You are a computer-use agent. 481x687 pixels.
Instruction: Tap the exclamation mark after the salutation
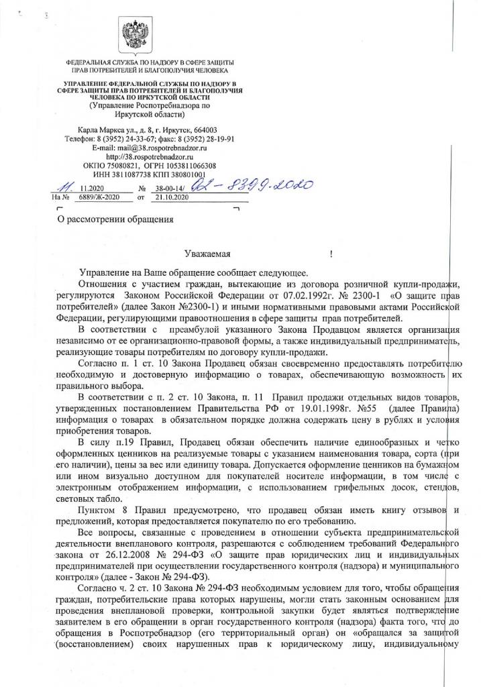[x=332, y=255]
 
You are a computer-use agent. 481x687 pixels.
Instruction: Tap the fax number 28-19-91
[x=214, y=139]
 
